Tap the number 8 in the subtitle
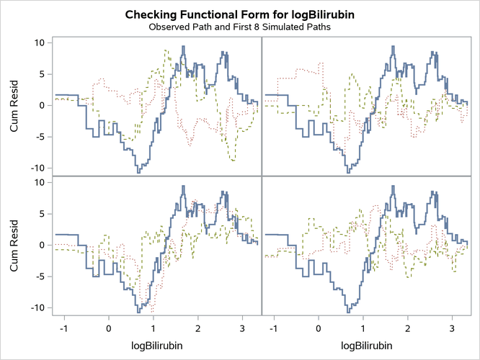point(266,27)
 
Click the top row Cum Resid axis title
point(15,105)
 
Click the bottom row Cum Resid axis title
point(15,245)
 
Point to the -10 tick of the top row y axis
point(39,168)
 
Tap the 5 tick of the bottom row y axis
point(43,214)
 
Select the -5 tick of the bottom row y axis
point(41,276)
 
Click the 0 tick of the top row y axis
point(43,105)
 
